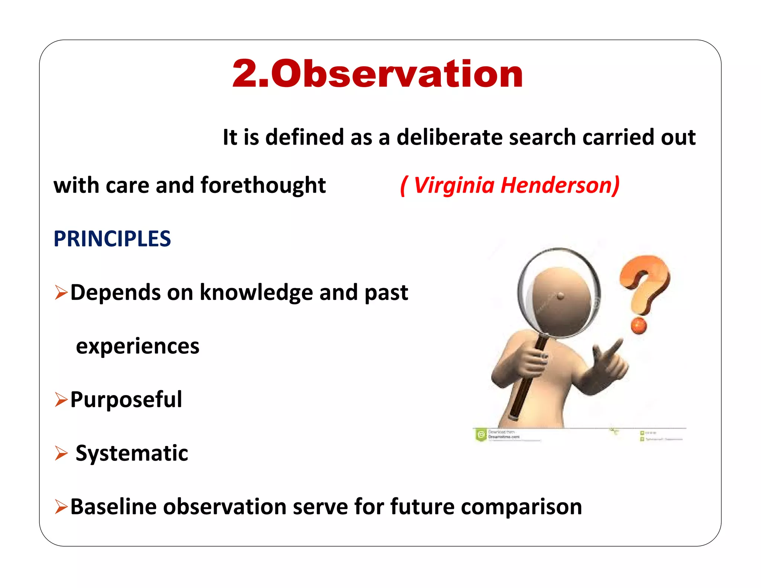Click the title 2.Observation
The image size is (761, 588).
(378, 74)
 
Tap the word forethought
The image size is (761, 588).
(263, 185)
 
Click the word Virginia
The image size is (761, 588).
(454, 185)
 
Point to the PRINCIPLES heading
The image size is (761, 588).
(112, 239)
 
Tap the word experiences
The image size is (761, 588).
(137, 346)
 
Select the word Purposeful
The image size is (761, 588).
(126, 400)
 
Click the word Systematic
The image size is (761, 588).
(132, 453)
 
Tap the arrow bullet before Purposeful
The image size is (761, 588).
(61, 400)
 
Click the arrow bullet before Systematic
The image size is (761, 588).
(61, 453)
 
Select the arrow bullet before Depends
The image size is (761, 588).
(61, 293)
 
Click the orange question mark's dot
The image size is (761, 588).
(639, 326)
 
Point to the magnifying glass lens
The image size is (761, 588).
(559, 293)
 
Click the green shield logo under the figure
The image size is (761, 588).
(481, 434)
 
